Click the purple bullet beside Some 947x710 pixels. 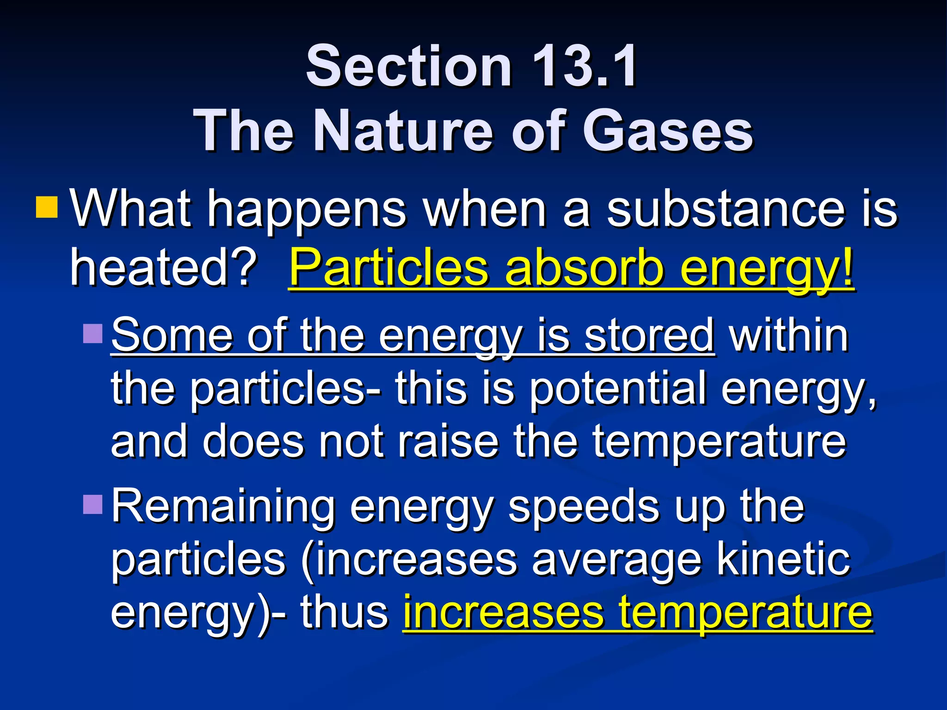(92, 333)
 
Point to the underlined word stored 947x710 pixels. (649, 335)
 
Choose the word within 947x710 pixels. (789, 335)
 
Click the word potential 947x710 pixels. (618, 389)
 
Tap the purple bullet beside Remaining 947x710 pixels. (92, 505)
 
